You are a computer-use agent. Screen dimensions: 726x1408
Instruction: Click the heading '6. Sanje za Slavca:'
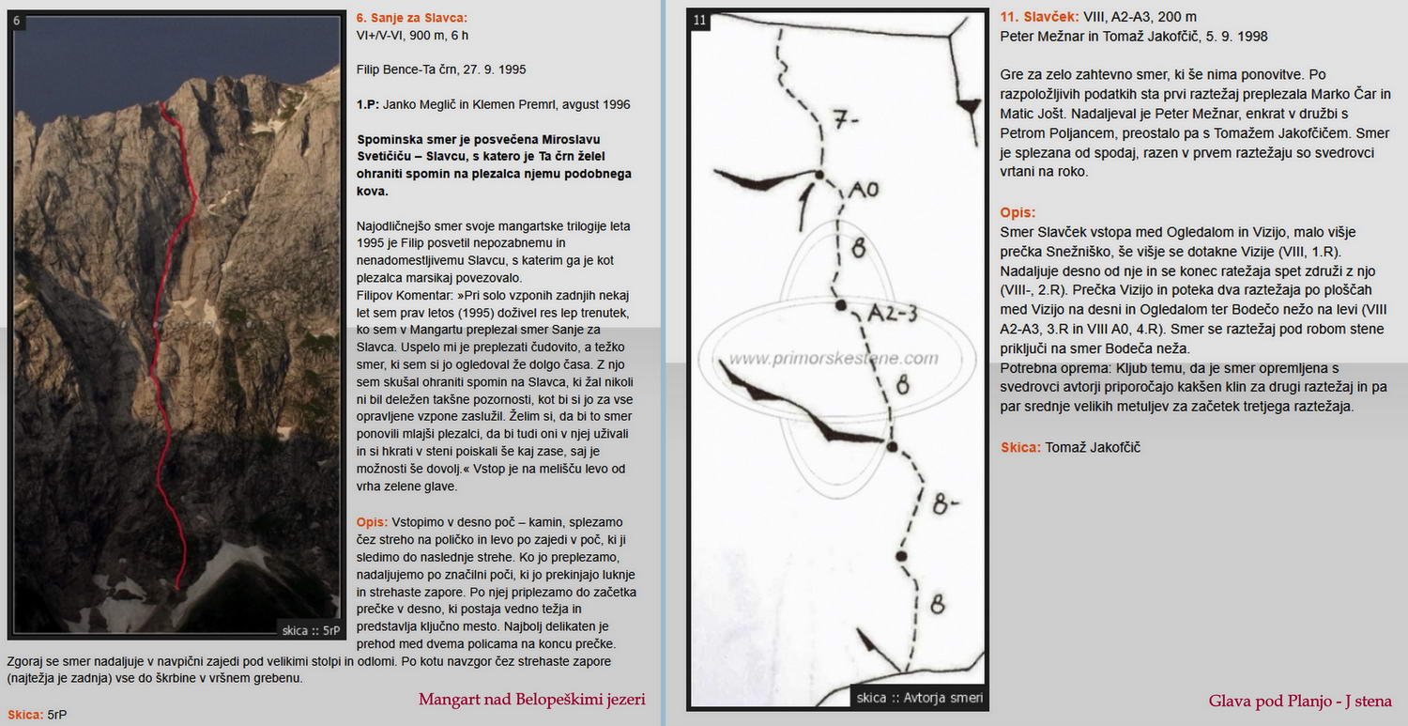pos(411,18)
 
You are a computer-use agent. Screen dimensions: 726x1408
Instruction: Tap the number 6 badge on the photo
pos(18,20)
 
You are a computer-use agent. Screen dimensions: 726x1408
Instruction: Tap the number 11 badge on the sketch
pos(700,20)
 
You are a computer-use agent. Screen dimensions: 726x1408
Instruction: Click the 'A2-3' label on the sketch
pos(892,315)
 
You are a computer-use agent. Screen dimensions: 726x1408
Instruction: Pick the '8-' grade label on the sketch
pos(945,508)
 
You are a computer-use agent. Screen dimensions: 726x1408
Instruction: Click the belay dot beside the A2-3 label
pos(842,305)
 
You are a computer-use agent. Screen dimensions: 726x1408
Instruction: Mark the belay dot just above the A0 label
pos(819,175)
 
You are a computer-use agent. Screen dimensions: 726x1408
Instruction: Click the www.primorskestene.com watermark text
pos(834,358)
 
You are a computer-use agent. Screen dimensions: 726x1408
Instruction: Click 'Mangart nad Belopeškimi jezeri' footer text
pos(531,700)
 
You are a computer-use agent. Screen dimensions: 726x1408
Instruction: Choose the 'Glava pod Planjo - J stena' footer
pos(1300,701)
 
